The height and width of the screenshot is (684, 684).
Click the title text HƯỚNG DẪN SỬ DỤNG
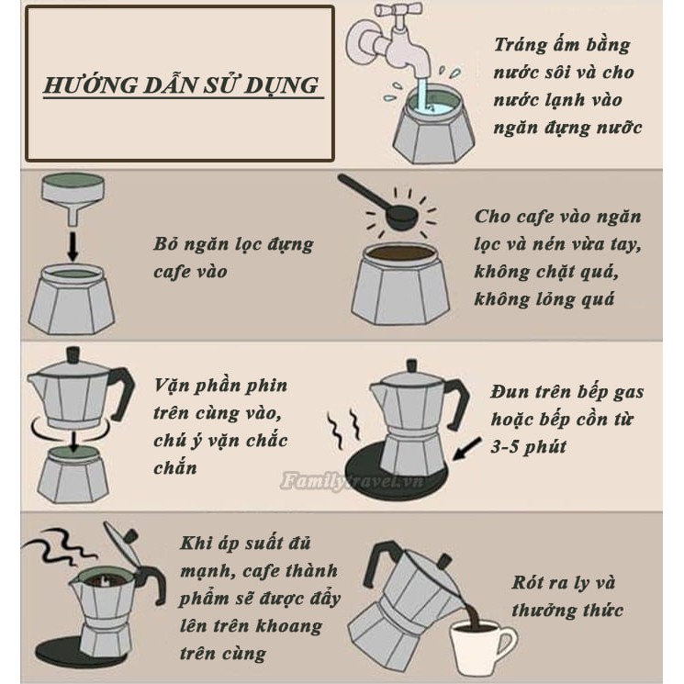pos(182,84)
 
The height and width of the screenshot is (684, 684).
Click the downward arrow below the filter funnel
pos(73,246)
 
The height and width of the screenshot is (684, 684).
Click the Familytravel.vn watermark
pos(352,481)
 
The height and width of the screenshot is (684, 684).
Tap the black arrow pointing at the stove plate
pos(467,448)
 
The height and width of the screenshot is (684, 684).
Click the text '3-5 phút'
pos(528,447)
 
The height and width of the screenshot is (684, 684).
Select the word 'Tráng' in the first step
pos(520,45)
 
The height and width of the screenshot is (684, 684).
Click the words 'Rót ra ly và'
pos(563,582)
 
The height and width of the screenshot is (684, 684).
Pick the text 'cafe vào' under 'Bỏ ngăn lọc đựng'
pos(190,272)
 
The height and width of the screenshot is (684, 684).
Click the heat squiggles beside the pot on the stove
pos(343,430)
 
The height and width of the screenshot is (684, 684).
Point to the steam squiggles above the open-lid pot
pos(62,546)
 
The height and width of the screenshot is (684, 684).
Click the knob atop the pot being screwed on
pos(73,354)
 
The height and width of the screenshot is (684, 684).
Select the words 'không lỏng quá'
pos(544,299)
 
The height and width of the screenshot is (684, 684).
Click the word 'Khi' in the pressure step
pos(194,544)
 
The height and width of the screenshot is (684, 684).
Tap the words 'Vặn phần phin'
pos(220,386)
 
